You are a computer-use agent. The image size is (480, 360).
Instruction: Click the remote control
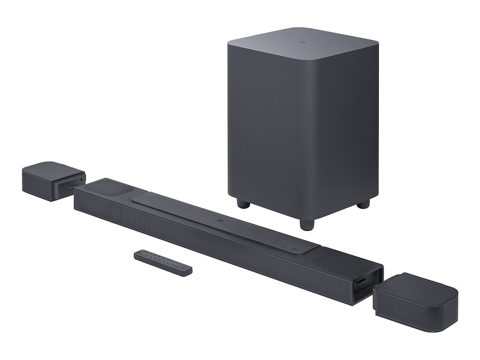tap(163, 262)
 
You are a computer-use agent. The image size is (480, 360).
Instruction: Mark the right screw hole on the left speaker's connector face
tap(82, 180)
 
